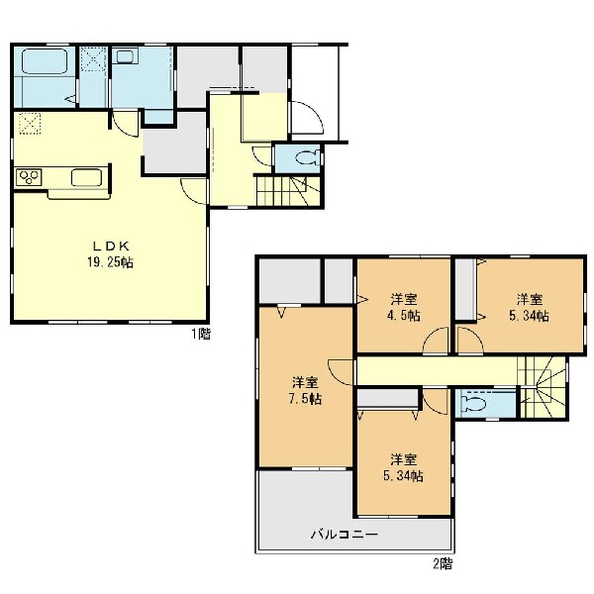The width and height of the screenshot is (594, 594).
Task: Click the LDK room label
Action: point(111,247)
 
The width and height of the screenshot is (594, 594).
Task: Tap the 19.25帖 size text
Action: point(110,262)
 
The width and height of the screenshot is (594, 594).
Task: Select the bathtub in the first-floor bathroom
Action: point(45,60)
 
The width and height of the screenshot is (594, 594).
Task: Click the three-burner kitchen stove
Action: point(29,177)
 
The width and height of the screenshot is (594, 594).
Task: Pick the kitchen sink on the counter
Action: point(87,177)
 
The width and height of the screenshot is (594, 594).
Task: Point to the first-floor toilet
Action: point(308,158)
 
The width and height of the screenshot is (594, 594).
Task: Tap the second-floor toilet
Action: point(473,404)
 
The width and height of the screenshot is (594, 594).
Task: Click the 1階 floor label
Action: point(201,334)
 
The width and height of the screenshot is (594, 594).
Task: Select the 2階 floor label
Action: point(443,564)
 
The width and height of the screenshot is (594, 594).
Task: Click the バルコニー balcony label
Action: point(345,535)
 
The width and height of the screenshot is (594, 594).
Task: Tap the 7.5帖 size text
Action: point(305,399)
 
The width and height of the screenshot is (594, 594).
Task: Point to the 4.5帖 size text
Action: point(404,315)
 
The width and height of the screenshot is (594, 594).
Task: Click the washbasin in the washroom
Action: point(125,56)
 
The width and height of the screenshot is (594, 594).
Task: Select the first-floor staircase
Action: point(288,191)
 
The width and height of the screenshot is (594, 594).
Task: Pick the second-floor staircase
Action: point(543,387)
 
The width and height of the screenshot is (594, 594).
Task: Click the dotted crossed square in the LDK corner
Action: point(30,123)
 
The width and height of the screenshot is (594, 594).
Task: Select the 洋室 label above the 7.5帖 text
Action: point(305,382)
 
